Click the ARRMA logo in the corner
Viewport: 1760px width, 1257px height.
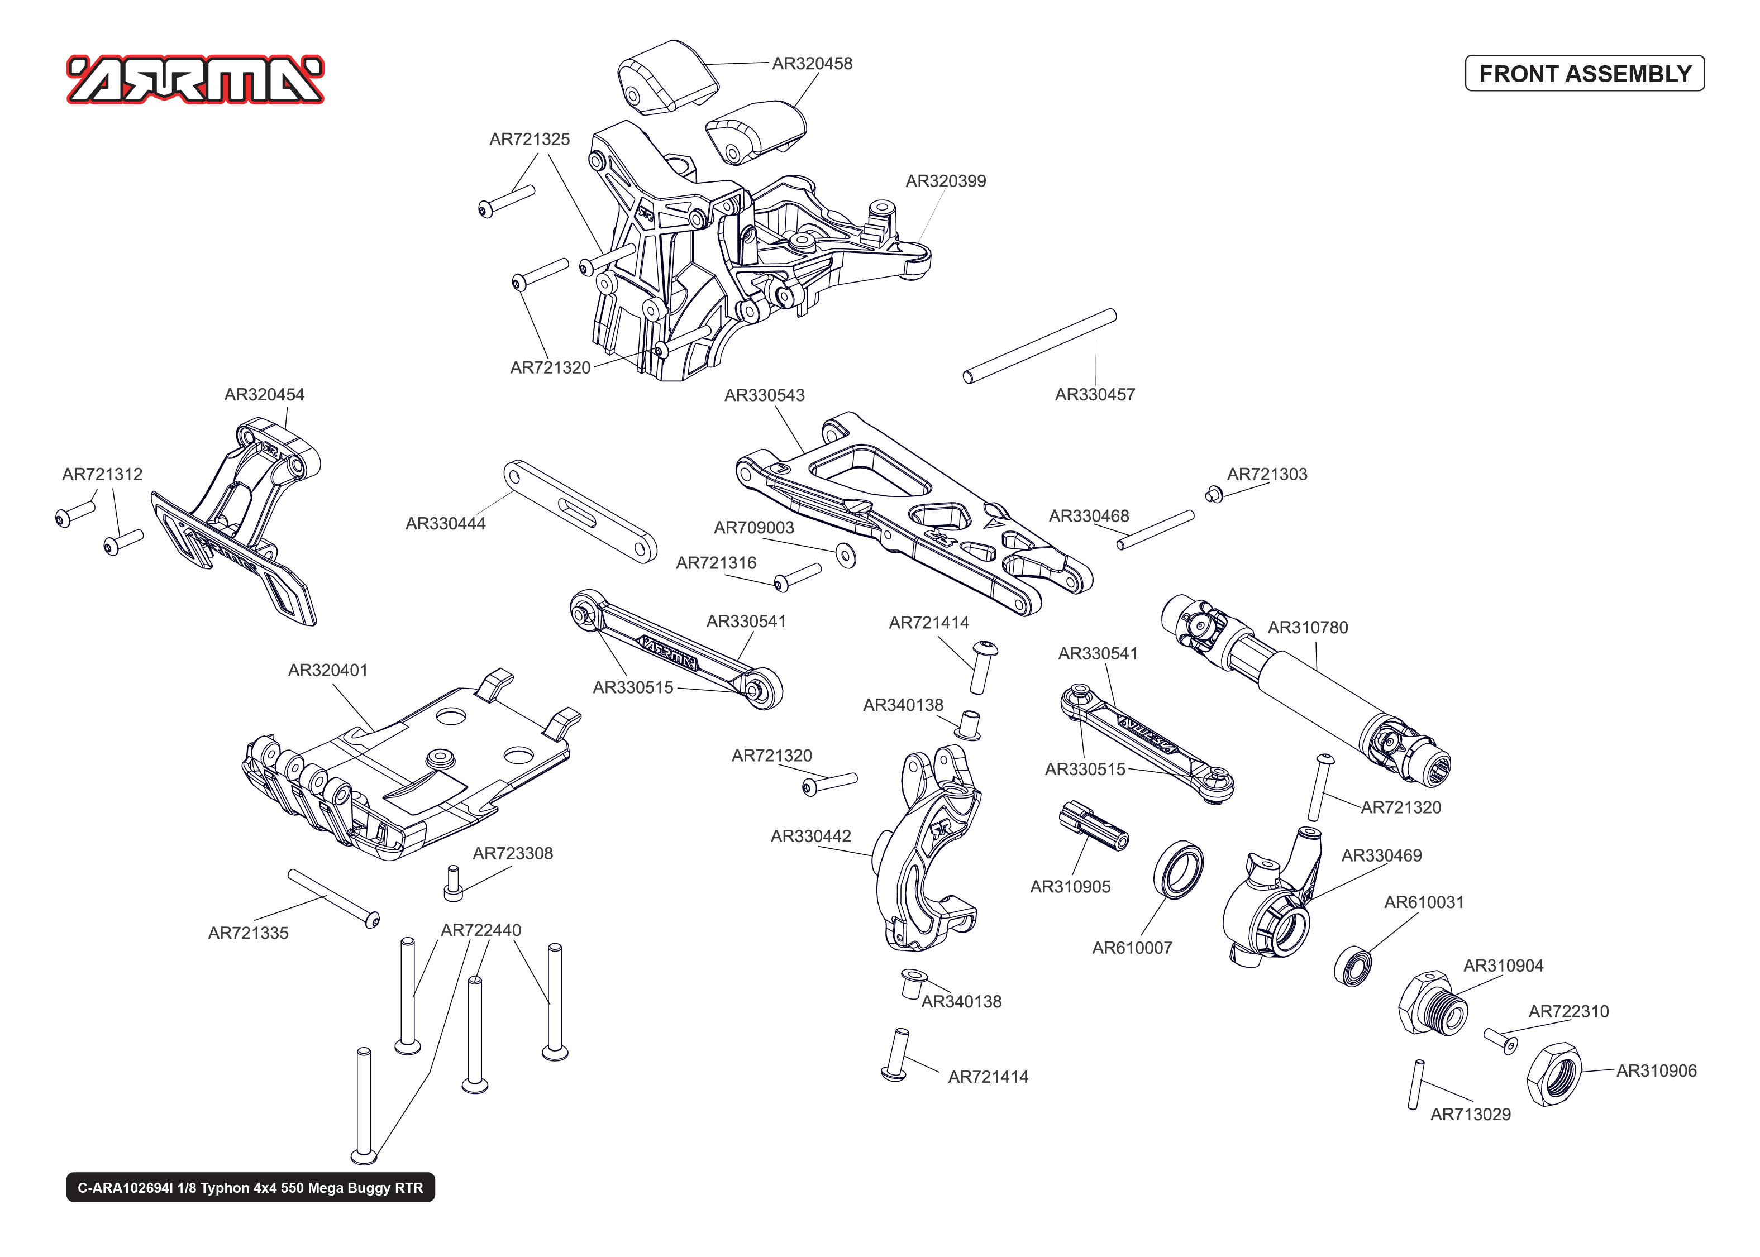[x=195, y=80]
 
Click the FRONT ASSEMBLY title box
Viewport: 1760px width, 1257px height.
[x=1583, y=74]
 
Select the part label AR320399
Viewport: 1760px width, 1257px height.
[x=945, y=181]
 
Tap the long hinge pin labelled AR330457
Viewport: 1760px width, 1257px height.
[x=1039, y=346]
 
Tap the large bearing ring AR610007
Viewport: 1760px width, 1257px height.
[x=1178, y=869]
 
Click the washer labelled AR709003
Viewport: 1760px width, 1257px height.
[x=846, y=556]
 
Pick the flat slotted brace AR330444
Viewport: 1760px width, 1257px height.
[x=580, y=512]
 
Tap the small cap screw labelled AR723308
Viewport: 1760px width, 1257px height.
[x=453, y=884]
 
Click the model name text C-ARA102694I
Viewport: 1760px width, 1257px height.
[x=250, y=1187]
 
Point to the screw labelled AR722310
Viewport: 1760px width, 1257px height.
[x=1500, y=1040]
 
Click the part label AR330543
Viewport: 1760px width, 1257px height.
[x=764, y=395]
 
